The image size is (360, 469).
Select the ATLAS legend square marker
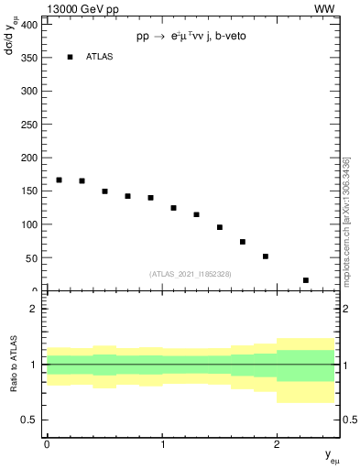[70, 57]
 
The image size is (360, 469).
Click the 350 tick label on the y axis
[29, 58]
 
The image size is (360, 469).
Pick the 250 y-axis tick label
[29, 125]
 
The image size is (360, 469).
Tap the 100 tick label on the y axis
[29, 224]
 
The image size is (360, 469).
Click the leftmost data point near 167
[59, 180]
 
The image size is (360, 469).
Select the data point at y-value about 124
[173, 208]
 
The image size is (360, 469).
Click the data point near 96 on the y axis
[220, 227]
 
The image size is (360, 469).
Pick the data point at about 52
[266, 256]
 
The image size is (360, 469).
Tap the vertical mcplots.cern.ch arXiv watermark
[345, 220]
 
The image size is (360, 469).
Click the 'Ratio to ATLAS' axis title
[13, 365]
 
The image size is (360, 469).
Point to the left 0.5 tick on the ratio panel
[31, 420]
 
